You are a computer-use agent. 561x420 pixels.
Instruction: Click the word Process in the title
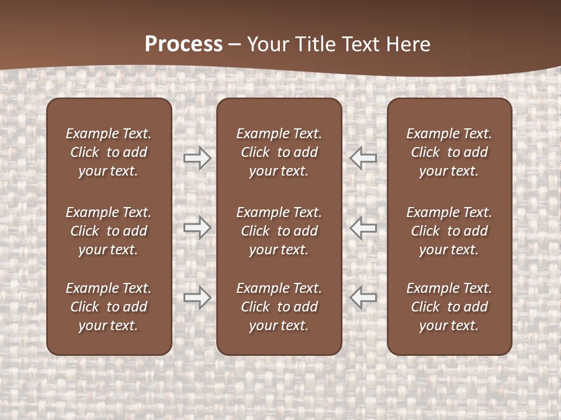tap(183, 44)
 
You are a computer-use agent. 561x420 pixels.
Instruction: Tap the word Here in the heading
tap(408, 44)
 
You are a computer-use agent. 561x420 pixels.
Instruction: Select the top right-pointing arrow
tap(198, 157)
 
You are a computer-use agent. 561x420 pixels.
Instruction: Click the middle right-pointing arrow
tap(198, 228)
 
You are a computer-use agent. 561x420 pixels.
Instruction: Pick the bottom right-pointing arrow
tap(198, 297)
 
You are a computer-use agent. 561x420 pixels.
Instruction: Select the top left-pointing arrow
tap(363, 157)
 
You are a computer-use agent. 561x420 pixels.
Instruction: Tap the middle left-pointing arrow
tap(363, 228)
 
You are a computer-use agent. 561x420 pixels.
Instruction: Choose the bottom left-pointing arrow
tap(363, 297)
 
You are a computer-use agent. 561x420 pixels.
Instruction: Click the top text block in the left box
tap(109, 152)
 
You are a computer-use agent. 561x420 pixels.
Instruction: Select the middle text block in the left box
tap(109, 231)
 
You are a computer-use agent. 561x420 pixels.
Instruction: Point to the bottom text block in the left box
tap(109, 307)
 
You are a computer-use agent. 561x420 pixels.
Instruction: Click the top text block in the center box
tap(279, 152)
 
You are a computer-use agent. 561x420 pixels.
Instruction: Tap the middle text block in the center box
tap(279, 231)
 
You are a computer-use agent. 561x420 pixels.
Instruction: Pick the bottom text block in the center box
tap(279, 307)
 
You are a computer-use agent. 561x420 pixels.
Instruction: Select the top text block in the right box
tap(449, 152)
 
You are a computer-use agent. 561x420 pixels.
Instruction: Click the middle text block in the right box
tap(449, 231)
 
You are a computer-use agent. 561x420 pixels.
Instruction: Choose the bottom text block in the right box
tap(449, 307)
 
